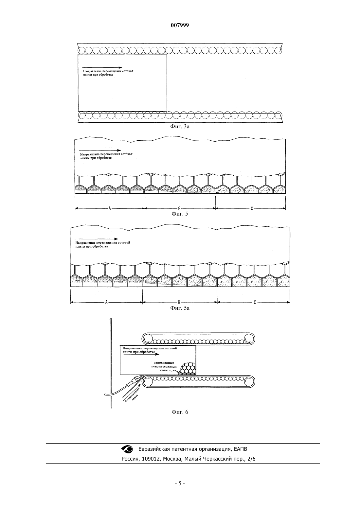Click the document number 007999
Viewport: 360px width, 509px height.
click(x=180, y=25)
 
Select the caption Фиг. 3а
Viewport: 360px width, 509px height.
click(x=180, y=127)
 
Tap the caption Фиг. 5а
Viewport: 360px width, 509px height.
click(x=180, y=308)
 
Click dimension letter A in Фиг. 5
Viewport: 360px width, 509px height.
click(x=110, y=208)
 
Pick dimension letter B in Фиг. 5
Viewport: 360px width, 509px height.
click(x=179, y=208)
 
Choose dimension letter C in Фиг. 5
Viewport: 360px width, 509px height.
click(x=252, y=208)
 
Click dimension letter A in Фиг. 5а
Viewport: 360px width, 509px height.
click(x=106, y=302)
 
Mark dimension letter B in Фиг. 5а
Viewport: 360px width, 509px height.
click(x=179, y=302)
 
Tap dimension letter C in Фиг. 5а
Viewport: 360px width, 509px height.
click(x=255, y=302)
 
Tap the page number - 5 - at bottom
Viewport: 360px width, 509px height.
click(x=180, y=483)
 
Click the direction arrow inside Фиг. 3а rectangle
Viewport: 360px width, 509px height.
click(x=102, y=67)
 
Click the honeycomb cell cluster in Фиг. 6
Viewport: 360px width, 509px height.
click(x=188, y=369)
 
